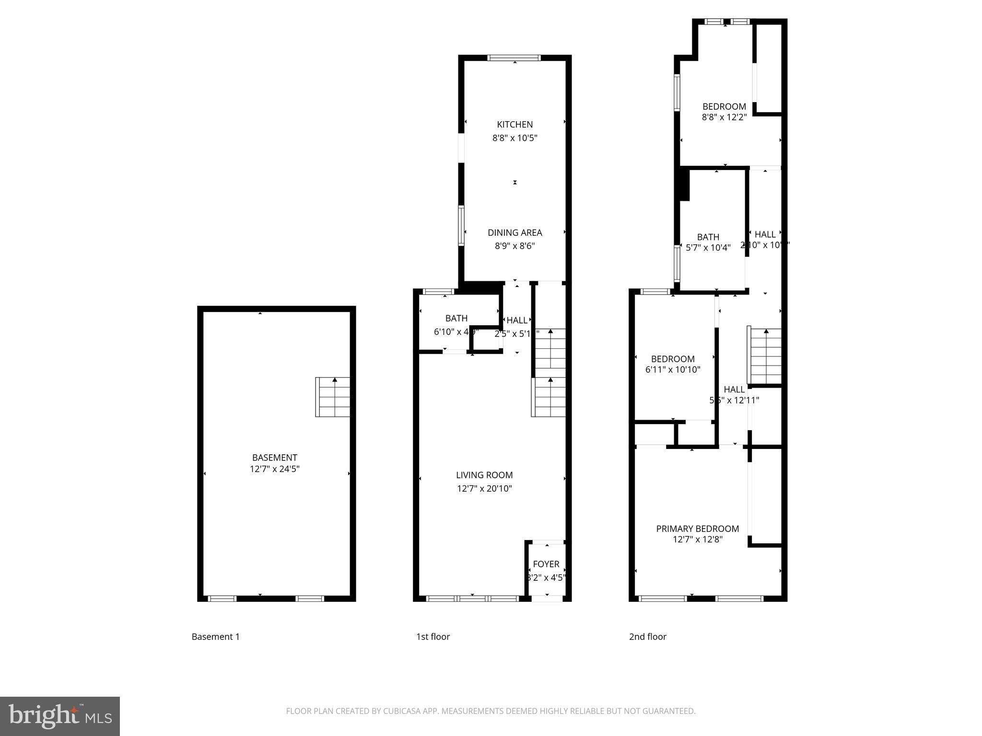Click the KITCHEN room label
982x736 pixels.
tap(514, 125)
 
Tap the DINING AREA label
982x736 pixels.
tap(514, 233)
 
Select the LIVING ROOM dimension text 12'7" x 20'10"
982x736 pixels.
tap(484, 489)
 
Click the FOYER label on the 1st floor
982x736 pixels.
tap(546, 564)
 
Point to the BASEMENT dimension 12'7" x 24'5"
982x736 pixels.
tap(274, 469)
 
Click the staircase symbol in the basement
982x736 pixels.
tap(332, 397)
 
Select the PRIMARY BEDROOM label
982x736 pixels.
tap(697, 529)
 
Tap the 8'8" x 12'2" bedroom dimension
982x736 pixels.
tap(724, 117)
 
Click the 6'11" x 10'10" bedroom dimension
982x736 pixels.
tap(673, 369)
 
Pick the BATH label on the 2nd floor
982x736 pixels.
tap(708, 237)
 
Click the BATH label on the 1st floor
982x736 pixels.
tap(456, 318)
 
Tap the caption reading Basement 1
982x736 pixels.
tap(215, 637)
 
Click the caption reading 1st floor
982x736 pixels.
tap(433, 637)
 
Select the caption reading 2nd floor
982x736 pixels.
tap(647, 637)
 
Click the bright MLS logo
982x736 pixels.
tap(59, 716)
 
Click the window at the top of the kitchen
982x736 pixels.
tap(514, 58)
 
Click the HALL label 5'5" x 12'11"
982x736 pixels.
tap(734, 390)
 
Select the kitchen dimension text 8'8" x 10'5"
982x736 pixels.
tap(514, 138)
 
